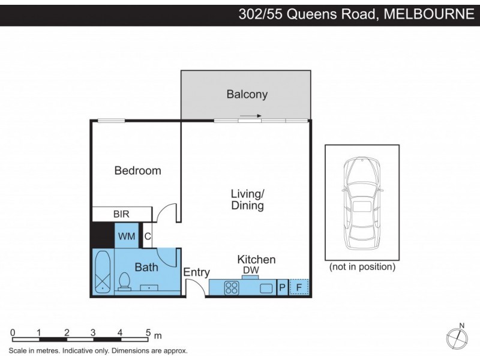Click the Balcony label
[247, 94]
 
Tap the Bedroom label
[138, 170]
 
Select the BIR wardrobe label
[121, 214]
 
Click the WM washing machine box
[126, 236]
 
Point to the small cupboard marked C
[148, 236]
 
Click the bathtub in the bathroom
[103, 272]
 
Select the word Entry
[196, 272]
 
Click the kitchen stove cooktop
[232, 288]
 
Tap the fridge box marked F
[299, 288]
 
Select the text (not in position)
[362, 266]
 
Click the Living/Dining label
[248, 200]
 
